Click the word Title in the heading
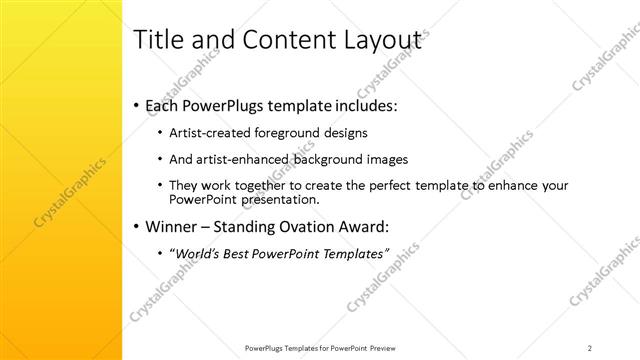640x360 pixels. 158,40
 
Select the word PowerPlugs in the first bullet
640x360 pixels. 227,105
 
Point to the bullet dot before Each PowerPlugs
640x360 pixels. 136,106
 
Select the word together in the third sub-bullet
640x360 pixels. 266,186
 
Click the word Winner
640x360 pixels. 172,226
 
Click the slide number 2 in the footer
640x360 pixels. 590,348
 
